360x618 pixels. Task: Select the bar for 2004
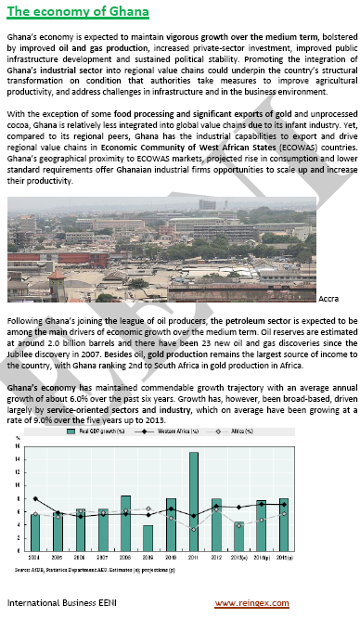[x=35, y=531]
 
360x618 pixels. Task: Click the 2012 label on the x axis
[x=215, y=557]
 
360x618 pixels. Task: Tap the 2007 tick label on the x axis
[x=103, y=557]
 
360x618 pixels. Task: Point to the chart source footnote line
[x=94, y=568]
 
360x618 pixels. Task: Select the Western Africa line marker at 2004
[x=35, y=498]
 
